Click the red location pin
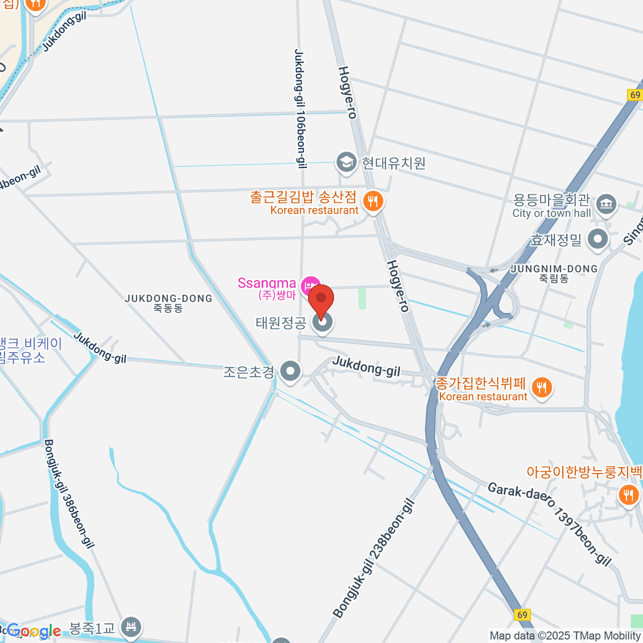321,301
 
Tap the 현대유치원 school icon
346,162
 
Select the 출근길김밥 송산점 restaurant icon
372,202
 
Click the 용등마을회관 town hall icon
607,204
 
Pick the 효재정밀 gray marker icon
597,240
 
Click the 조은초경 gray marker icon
290,371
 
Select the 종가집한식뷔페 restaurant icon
542,387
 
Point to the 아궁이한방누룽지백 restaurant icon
628,494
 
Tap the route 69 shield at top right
635,95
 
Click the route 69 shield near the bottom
522,615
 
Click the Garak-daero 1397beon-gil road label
549,523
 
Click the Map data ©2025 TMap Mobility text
565,636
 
